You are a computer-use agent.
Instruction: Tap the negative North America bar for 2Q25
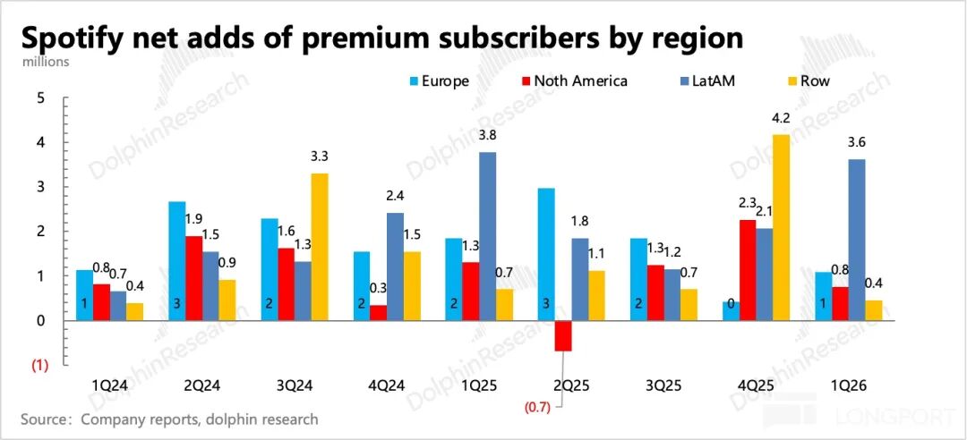pyautogui.click(x=563, y=335)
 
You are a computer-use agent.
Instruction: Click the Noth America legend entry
pyautogui.click(x=572, y=81)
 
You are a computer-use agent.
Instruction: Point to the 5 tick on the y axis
pyautogui.click(x=40, y=97)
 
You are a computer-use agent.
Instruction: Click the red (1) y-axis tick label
pyautogui.click(x=40, y=365)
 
